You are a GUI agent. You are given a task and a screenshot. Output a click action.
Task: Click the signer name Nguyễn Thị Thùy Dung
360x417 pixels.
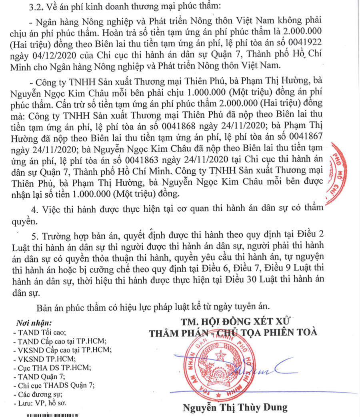tap(235, 407)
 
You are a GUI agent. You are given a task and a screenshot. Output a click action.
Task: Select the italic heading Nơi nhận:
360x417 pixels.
tap(34, 323)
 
